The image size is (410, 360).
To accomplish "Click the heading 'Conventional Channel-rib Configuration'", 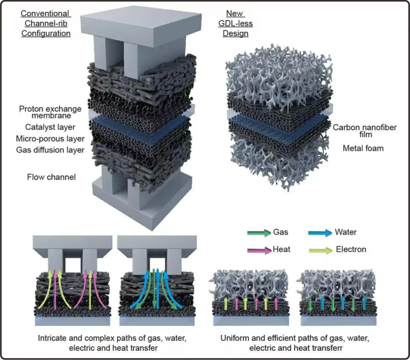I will coord(46,23).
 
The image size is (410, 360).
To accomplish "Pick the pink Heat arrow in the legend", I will coord(258,249).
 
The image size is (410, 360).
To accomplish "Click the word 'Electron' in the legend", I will coord(354,249).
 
